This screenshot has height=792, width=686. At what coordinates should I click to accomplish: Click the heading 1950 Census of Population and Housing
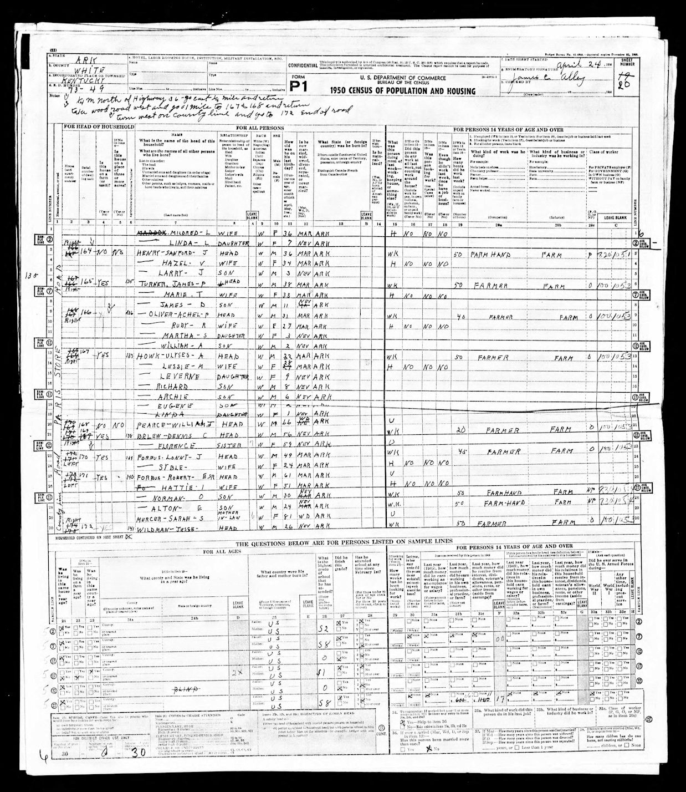pos(402,91)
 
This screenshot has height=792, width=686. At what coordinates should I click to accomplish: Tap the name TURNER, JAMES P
pos(166,285)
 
